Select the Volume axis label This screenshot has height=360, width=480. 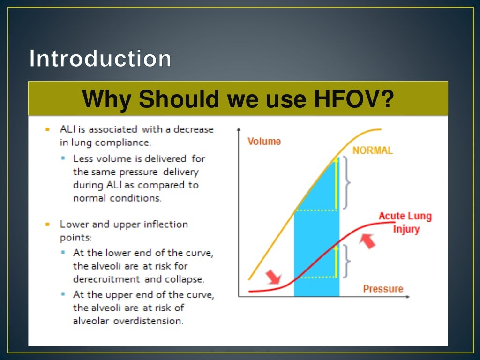coord(264,141)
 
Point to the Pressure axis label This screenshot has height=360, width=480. coord(383,289)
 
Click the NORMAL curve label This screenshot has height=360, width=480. coord(373,150)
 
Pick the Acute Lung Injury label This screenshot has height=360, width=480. coord(405,223)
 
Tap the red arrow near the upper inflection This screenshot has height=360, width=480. coord(368,240)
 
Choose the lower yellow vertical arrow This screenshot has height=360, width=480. coord(336,262)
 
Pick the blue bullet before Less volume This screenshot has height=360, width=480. coord(63,158)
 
